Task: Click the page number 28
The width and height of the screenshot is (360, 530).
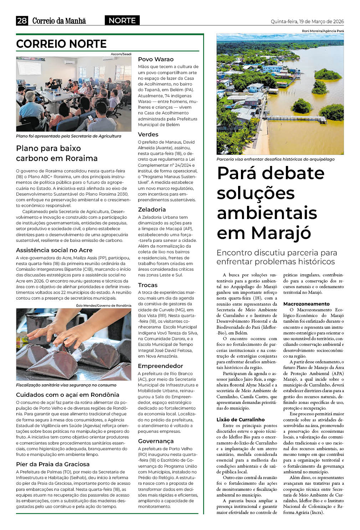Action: coord(22,21)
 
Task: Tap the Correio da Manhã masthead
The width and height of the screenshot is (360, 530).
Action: coord(59,21)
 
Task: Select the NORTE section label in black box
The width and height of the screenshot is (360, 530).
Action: coord(122,21)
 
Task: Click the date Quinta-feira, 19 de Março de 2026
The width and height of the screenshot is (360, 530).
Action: coord(307,21)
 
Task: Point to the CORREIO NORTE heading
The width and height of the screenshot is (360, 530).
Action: coord(61,44)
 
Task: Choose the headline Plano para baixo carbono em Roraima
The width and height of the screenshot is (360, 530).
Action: coord(57,153)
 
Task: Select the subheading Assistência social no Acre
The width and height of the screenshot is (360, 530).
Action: coord(54,250)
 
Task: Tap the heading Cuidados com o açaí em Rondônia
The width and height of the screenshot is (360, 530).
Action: coord(67,395)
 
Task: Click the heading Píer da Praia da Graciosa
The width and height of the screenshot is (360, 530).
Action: coord(53,464)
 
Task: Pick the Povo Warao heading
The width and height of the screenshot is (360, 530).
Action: coord(156,59)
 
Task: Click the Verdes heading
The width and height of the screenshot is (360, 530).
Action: coord(148,134)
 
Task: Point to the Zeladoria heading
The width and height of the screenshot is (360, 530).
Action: coord(152,209)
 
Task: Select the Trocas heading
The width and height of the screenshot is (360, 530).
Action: coord(148,285)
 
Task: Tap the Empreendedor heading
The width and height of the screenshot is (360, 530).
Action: coord(160,366)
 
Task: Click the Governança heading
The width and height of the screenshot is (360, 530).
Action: coord(156,441)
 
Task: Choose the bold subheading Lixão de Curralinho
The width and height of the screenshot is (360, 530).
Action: coord(241,420)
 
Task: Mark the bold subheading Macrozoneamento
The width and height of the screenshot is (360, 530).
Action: coord(306,304)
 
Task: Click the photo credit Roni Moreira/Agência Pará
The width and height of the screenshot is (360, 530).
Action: coord(323,31)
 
